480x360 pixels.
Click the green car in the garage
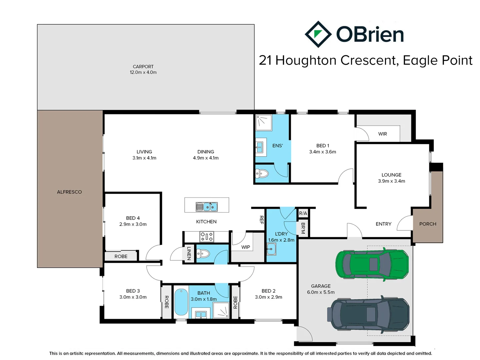[372, 264]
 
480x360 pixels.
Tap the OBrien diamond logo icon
[318, 34]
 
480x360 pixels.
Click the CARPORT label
[143, 67]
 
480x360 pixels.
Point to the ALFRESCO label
[69, 192]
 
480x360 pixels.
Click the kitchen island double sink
[207, 207]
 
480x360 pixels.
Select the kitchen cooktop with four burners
[207, 237]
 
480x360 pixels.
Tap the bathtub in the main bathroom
[181, 302]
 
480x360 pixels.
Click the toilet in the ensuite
[262, 173]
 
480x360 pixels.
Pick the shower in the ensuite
[264, 122]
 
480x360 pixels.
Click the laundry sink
[271, 249]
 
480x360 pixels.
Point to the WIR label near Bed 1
[382, 134]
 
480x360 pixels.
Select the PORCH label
[428, 224]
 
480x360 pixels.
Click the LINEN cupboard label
[189, 253]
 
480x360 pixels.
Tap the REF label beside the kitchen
[261, 219]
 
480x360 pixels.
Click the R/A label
[303, 213]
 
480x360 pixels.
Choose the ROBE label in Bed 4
[121, 256]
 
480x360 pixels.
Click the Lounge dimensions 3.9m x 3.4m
[391, 181]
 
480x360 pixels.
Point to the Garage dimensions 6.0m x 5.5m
[321, 292]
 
